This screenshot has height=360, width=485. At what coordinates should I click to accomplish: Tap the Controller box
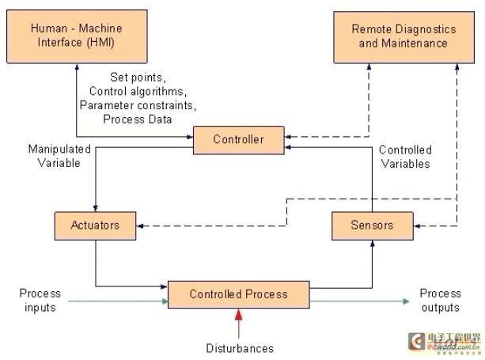(237, 140)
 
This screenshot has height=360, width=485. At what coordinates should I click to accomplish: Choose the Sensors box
(372, 225)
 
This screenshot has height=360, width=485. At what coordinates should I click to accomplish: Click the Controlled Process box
(238, 295)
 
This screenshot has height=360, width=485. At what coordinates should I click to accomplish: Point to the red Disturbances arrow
(238, 324)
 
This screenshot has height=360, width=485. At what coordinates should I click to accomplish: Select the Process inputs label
(39, 300)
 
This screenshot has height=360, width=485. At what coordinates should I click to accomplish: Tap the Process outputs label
(440, 300)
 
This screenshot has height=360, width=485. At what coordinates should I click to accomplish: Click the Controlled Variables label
(404, 157)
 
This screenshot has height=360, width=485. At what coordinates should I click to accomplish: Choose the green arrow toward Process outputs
(360, 301)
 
